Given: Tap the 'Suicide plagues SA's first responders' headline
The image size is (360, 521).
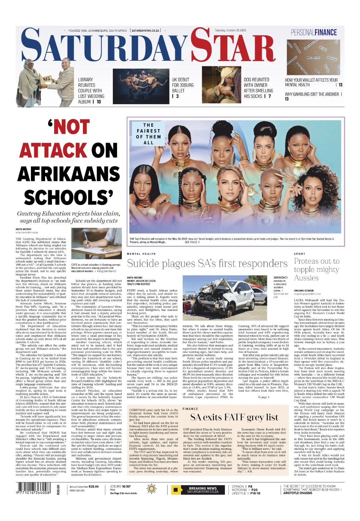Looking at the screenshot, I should [207, 264].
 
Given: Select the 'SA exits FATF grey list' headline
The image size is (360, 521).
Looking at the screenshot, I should [234, 417].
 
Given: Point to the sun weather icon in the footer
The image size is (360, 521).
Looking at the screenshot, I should [152, 490].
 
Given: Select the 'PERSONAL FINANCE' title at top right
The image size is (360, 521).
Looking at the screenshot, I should [313, 33].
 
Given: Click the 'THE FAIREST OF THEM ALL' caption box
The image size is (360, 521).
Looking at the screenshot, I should [148, 134].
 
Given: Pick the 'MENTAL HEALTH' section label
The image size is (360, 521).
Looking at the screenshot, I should [139, 254].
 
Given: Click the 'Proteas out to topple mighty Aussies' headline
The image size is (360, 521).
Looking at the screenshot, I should [316, 269].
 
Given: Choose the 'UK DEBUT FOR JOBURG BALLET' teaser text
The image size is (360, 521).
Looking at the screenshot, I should [183, 88].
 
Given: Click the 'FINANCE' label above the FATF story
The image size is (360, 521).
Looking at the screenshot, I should [190, 409].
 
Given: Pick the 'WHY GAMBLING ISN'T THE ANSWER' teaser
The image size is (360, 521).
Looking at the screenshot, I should [313, 96].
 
